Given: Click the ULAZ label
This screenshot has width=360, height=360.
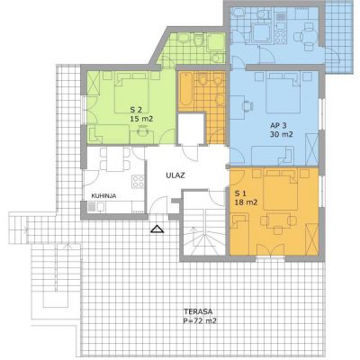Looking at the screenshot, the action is pyautogui.click(x=175, y=175).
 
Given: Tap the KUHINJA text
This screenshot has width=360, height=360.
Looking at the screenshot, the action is pyautogui.click(x=103, y=196).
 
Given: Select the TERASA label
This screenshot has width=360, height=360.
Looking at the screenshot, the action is pyautogui.click(x=198, y=311).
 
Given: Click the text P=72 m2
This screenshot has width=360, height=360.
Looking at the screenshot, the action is pyautogui.click(x=200, y=320).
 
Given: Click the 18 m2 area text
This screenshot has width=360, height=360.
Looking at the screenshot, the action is pyautogui.click(x=246, y=202).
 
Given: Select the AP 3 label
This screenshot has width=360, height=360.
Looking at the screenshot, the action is pyautogui.click(x=276, y=125).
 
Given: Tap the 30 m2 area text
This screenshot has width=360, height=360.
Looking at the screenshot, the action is pyautogui.click(x=281, y=134).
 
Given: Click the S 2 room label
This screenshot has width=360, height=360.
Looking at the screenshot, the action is pyautogui.click(x=136, y=109).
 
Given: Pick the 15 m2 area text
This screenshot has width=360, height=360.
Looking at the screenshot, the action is pyautogui.click(x=141, y=119).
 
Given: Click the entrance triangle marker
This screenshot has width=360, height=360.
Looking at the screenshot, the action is pyautogui.click(x=157, y=229).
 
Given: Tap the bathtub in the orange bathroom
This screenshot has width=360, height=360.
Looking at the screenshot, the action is pyautogui.click(x=185, y=89).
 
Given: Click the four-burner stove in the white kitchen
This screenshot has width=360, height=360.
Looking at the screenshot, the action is pyautogui.click(x=138, y=182).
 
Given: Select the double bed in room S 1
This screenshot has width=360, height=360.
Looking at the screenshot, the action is pyautogui.click(x=281, y=192).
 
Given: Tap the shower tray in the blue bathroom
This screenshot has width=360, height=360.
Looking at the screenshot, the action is pyautogui.click(x=262, y=32).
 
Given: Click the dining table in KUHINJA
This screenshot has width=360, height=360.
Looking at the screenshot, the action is pyautogui.click(x=115, y=159).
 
